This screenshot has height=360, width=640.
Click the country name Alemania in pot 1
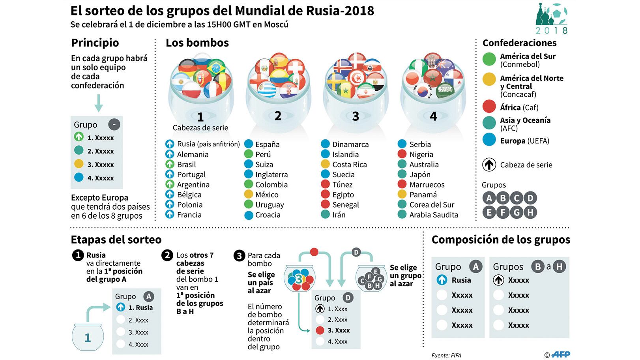click(x=193, y=154)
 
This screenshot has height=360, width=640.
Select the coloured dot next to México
click(x=249, y=194)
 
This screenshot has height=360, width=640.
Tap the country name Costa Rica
click(x=349, y=165)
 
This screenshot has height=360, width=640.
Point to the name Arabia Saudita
click(x=434, y=215)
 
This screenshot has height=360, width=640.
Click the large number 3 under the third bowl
click(x=356, y=116)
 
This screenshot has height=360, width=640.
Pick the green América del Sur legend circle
click(x=489, y=59)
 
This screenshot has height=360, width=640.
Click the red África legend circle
click(x=489, y=107)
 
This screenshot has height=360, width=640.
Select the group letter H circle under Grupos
click(x=530, y=212)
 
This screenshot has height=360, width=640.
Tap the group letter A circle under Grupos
click(x=489, y=198)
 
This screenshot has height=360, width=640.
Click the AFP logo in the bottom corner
click(x=560, y=354)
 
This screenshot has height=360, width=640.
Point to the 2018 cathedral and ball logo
click(x=551, y=19)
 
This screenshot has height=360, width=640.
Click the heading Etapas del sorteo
click(x=116, y=240)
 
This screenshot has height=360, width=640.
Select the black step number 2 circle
click(x=167, y=255)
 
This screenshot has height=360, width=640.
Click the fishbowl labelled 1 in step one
click(x=88, y=337)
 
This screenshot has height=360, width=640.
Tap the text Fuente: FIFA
click(x=446, y=355)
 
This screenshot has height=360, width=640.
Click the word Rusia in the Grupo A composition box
click(x=461, y=280)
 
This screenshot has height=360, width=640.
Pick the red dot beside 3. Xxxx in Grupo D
click(x=320, y=330)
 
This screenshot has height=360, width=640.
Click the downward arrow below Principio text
click(x=99, y=103)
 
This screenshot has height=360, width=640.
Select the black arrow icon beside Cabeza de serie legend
click(x=489, y=165)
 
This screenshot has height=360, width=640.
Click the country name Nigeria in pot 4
click(x=421, y=154)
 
